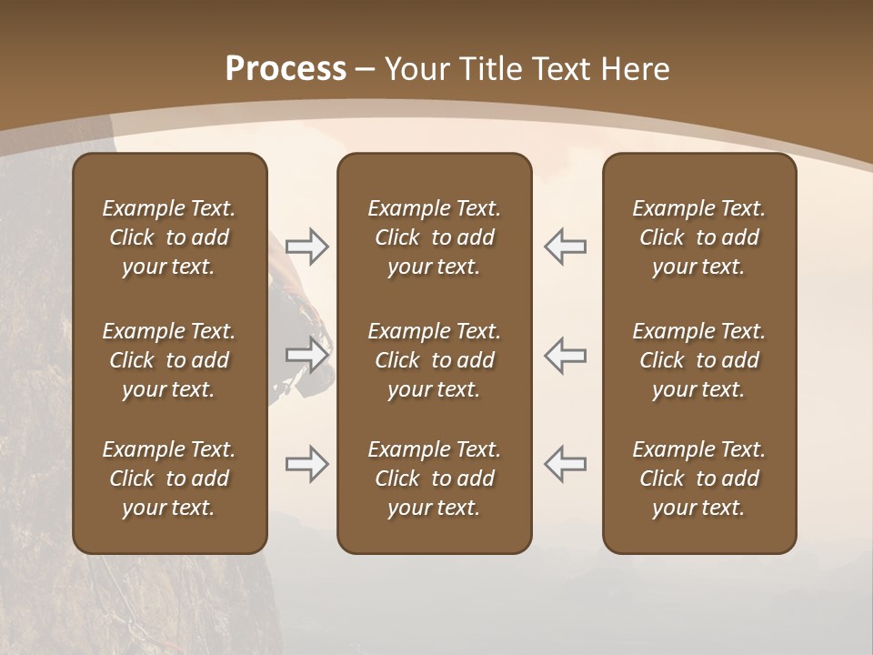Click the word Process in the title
tap(286, 69)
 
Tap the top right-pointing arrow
tap(306, 247)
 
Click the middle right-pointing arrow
tap(306, 355)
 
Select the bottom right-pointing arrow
tap(306, 464)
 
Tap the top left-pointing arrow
tap(565, 247)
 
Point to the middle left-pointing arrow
tap(565, 355)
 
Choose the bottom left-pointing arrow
tap(565, 464)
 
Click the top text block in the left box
tap(169, 237)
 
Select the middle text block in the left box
tap(169, 360)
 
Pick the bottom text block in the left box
tap(169, 479)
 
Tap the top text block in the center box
tap(434, 237)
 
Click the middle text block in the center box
tap(434, 360)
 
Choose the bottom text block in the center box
tap(434, 479)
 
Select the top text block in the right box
tap(698, 237)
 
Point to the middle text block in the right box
tap(698, 360)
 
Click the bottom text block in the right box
tap(698, 479)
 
